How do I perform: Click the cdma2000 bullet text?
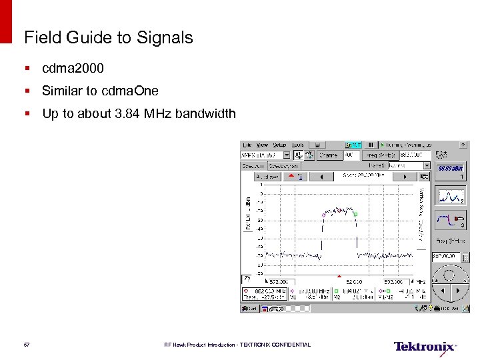pos(73,69)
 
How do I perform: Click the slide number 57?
pos(27,345)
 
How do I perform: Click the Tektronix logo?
pos(425,347)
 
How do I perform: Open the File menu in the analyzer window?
pos(247,145)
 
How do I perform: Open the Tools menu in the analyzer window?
pos(297,145)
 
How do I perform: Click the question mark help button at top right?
pos(463,145)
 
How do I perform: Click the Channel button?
pos(329,155)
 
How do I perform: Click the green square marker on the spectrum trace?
pos(355,214)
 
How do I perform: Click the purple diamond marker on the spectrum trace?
pos(323,215)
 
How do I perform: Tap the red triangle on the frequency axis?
pos(339,276)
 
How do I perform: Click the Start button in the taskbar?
pos(249,309)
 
